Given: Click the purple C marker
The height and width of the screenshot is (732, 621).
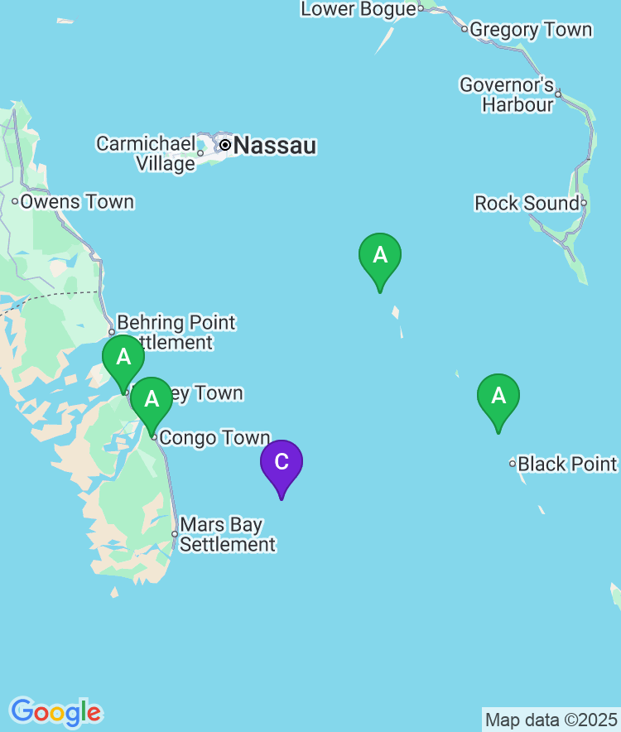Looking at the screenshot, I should click(x=282, y=462).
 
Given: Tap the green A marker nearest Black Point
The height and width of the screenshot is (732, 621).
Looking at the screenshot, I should click(x=498, y=396).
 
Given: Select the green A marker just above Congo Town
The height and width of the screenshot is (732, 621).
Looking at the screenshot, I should click(x=152, y=399).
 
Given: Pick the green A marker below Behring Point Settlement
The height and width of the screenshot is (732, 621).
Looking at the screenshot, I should click(x=123, y=357).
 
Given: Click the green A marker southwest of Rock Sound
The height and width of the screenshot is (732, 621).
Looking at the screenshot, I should click(x=380, y=255).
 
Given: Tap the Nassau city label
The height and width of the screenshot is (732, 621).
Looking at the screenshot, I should click(x=275, y=147).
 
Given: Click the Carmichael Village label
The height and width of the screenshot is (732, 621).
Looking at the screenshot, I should click(x=146, y=153).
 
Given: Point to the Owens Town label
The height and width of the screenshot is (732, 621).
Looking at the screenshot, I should click(x=77, y=201).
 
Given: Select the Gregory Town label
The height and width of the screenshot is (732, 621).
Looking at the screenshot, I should click(x=531, y=30).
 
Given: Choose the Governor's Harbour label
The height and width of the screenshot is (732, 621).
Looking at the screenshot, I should click(x=507, y=94).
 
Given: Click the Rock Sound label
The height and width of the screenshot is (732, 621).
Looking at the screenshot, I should click(x=527, y=203).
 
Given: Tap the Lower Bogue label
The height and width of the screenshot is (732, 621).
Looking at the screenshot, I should click(x=359, y=9).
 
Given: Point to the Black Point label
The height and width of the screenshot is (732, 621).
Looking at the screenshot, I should click(x=568, y=463).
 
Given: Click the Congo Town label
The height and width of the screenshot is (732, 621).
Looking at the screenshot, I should click(x=215, y=438).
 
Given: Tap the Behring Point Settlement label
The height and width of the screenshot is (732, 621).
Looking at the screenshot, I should click(x=176, y=331).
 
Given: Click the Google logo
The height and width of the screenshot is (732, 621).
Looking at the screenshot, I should click(x=55, y=711).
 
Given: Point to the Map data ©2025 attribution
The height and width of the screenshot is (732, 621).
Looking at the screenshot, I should click(x=551, y=719).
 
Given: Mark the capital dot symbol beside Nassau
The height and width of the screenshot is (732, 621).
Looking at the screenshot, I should click(x=224, y=145).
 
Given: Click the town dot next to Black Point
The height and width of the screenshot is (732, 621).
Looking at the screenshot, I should click(x=513, y=464).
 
